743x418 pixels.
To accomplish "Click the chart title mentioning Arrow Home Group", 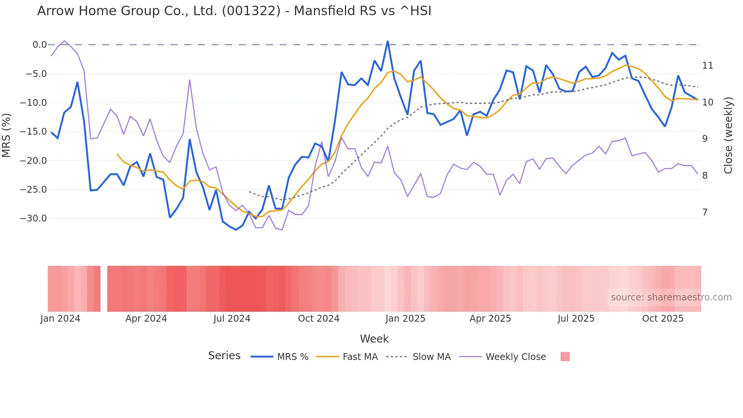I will click(x=234, y=11).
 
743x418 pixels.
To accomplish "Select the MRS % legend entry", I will click(x=292, y=357).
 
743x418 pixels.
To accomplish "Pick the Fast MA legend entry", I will click(x=360, y=357).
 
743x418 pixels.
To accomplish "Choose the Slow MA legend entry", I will click(x=431, y=357).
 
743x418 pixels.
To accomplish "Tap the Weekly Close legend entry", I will click(x=516, y=357).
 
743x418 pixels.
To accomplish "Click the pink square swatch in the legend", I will click(x=565, y=357).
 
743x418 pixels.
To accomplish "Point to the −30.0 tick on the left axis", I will click(x=33, y=218).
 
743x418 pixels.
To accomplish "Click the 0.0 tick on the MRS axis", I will click(x=39, y=45).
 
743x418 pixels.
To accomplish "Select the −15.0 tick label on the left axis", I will click(x=33, y=132).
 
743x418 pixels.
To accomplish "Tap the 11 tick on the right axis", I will click(x=707, y=66).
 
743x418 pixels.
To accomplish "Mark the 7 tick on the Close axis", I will click(x=705, y=212).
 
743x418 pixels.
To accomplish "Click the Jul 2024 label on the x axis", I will click(x=232, y=319).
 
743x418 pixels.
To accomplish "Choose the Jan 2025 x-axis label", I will click(x=405, y=319).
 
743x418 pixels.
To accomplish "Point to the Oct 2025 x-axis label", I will click(x=663, y=319).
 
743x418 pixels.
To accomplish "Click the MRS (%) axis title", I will click(x=6, y=135).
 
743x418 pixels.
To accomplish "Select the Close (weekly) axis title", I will click(x=728, y=135).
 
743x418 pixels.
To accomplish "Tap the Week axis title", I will click(x=374, y=339).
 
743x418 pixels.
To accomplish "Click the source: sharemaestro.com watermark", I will click(x=671, y=297).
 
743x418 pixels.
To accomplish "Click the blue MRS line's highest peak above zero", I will click(x=387, y=41).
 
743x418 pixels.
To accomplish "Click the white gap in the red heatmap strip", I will click(x=104, y=289).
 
